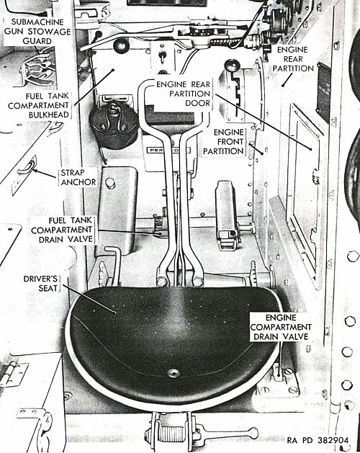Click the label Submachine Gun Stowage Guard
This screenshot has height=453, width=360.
[37, 31]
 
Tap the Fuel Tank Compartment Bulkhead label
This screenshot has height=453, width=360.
[39, 105]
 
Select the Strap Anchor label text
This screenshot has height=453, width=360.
[78, 177]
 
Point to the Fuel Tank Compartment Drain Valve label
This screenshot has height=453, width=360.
[62, 230]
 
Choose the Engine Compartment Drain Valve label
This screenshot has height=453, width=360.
[281, 327]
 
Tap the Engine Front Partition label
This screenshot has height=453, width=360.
[223, 142]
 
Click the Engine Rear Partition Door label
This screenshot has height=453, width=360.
[183, 94]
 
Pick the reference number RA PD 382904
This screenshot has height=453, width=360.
[318, 440]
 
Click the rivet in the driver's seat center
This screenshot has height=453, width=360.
[174, 373]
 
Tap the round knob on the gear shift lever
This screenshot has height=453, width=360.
[233, 66]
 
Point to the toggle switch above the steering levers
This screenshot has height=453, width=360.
[163, 56]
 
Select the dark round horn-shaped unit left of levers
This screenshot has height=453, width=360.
[113, 125]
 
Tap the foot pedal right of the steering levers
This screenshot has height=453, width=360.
[227, 215]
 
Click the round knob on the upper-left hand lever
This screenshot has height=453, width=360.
[121, 45]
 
